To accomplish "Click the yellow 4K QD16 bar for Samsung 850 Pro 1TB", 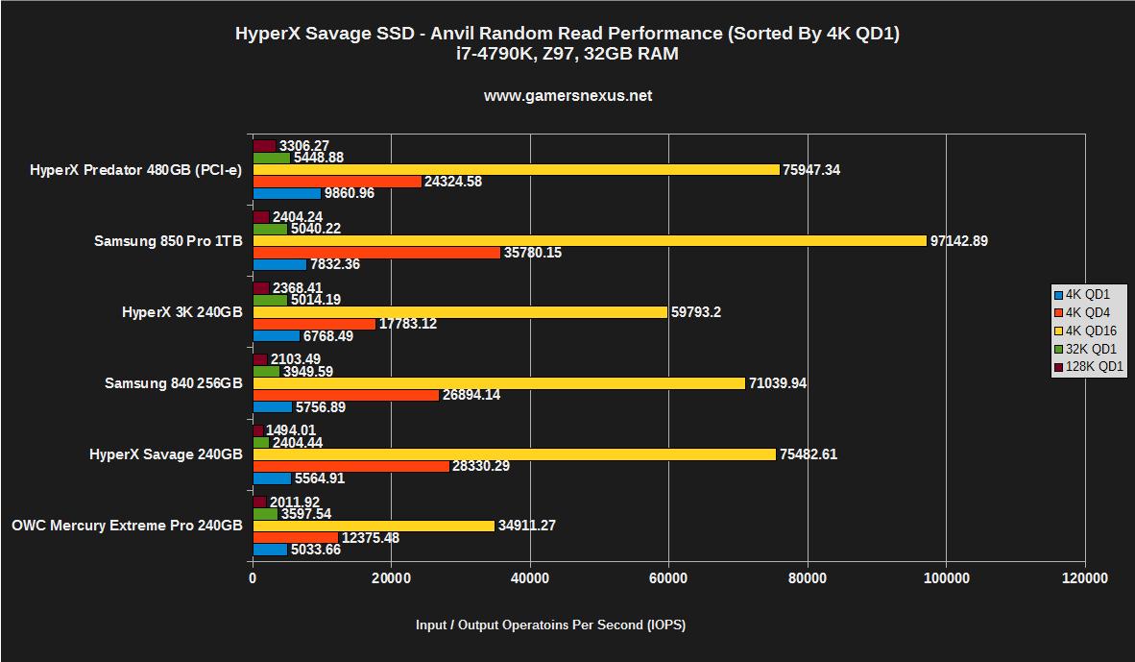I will [589, 241].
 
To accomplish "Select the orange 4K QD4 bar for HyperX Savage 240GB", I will [350, 466].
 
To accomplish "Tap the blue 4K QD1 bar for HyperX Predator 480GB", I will [286, 193].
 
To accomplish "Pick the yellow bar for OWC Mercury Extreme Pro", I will [374, 526].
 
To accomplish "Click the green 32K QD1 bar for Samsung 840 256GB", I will [266, 371].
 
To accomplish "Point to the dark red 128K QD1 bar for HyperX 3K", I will [260, 288].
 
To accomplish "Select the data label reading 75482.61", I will [808, 454].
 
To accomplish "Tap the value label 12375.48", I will [370, 538].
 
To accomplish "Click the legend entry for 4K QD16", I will [1089, 331].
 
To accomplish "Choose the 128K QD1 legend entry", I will [1089, 367].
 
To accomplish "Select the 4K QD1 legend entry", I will [1089, 295].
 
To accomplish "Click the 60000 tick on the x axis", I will [668, 578].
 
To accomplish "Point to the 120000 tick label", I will [1085, 578].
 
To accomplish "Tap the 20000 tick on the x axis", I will [391, 578].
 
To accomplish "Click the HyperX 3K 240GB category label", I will [181, 312].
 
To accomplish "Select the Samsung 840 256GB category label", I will [173, 383].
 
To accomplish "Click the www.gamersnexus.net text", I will [567, 96].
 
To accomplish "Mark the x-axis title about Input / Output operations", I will [550, 625].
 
